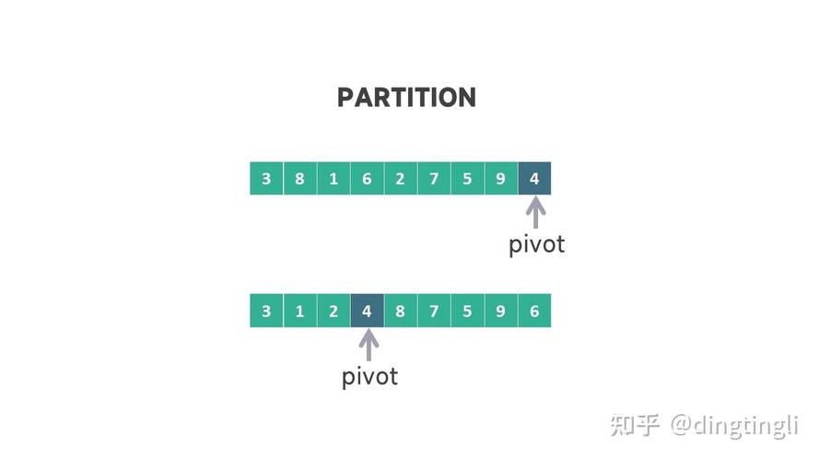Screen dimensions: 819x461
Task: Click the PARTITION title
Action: pyautogui.click(x=406, y=98)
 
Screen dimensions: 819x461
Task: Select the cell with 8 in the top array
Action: pyautogui.click(x=299, y=178)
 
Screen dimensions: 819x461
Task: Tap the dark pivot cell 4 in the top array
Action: pyautogui.click(x=534, y=178)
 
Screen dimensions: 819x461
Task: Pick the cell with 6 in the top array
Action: pyautogui.click(x=367, y=178)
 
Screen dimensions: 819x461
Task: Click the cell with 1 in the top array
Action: pyautogui.click(x=333, y=178)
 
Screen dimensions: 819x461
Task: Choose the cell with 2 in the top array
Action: pyautogui.click(x=401, y=178)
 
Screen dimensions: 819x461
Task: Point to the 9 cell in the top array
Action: pyautogui.click(x=501, y=178)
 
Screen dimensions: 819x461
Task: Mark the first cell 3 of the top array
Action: pyautogui.click(x=266, y=178)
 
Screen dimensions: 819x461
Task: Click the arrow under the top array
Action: pyautogui.click(x=535, y=212)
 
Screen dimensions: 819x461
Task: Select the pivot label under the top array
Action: pyautogui.click(x=537, y=244)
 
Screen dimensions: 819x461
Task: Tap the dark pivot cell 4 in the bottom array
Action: pyautogui.click(x=367, y=311)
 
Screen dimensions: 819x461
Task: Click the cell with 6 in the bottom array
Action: pyautogui.click(x=534, y=311)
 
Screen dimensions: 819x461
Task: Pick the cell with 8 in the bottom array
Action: pyautogui.click(x=401, y=311)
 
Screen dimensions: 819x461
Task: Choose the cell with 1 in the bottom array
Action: pyautogui.click(x=299, y=311)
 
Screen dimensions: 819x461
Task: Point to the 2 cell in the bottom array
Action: pyautogui.click(x=333, y=311)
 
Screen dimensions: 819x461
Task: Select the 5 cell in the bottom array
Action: pyautogui.click(x=467, y=311)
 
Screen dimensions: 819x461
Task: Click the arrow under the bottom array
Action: pyautogui.click(x=369, y=345)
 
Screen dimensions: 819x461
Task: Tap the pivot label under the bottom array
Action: pyautogui.click(x=369, y=377)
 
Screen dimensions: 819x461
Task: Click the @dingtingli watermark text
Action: pyautogui.click(x=734, y=425)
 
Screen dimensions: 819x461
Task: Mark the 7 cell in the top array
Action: pyautogui.click(x=434, y=178)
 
